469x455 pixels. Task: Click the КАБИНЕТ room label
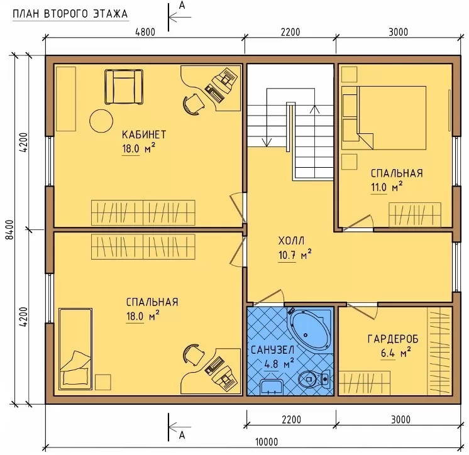click(143, 134)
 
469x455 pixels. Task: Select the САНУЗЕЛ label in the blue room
click(272, 350)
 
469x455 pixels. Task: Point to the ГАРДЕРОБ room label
click(393, 339)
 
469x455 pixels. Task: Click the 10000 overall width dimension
click(267, 442)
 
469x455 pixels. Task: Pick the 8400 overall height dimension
click(10, 229)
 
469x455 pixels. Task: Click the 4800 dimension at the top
click(145, 31)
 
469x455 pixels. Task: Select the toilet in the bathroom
click(314, 379)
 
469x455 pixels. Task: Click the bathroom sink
click(272, 387)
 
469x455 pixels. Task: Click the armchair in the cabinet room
click(124, 87)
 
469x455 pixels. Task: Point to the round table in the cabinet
click(101, 121)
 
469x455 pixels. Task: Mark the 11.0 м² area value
click(387, 187)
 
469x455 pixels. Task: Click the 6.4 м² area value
click(395, 353)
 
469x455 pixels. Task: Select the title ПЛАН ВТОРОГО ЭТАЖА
click(70, 14)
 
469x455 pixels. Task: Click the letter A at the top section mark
click(182, 6)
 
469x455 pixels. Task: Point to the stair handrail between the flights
click(289, 127)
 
